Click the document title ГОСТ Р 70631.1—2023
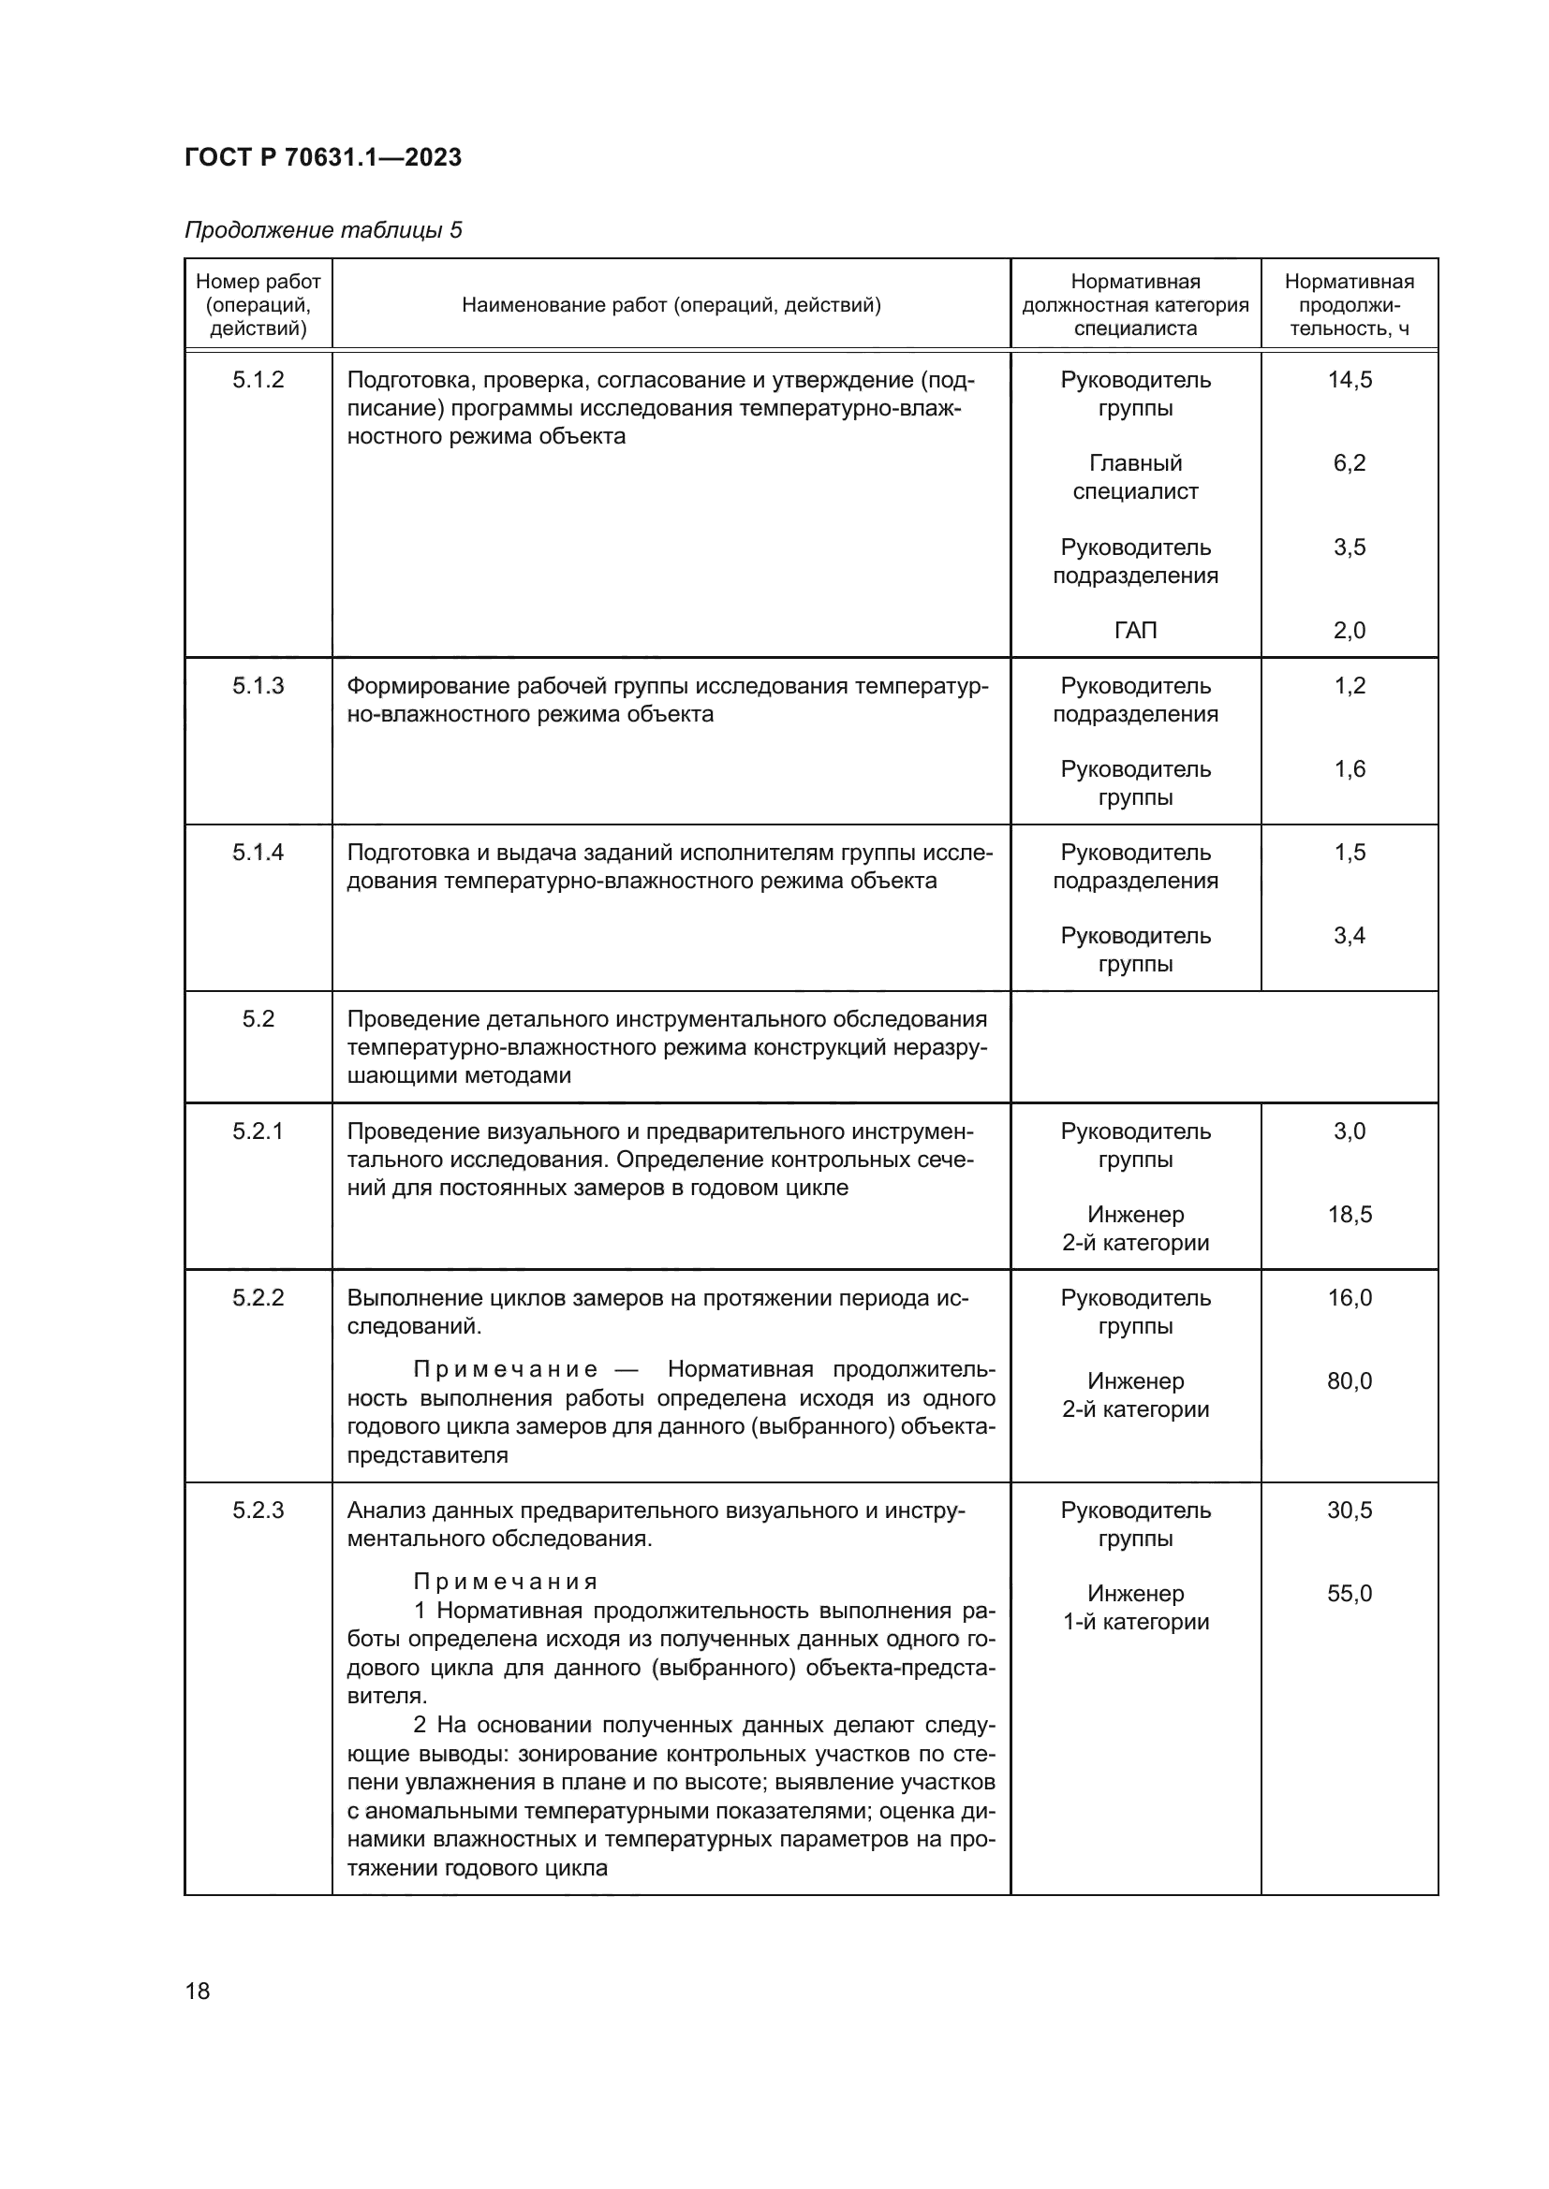[322, 157]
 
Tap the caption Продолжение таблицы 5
[322, 230]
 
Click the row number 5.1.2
[258, 379]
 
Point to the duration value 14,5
[1349, 379]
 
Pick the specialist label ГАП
[1135, 630]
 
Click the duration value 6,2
[1349, 463]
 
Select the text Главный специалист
[1135, 477]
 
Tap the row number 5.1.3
[258, 685]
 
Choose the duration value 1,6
[1349, 768]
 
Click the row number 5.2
[258, 1019]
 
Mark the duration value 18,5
[1349, 1215]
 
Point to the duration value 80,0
[1349, 1380]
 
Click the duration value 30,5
[1349, 1510]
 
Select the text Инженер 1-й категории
[1135, 1608]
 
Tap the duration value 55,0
[1349, 1593]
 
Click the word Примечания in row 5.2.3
[506, 1582]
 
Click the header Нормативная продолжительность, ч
[1349, 304]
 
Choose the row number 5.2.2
[258, 1297]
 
